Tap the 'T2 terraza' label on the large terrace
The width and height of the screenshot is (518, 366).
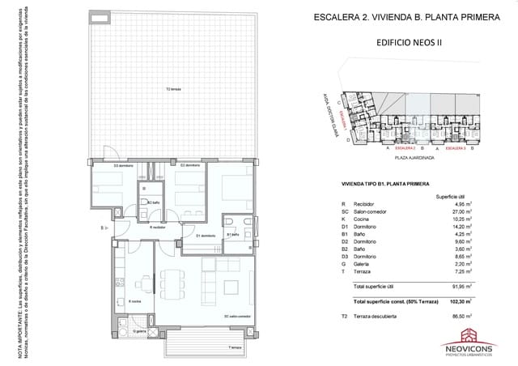click(x=173, y=90)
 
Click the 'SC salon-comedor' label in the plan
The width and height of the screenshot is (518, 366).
click(x=237, y=317)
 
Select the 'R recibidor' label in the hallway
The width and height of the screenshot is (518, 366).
click(x=157, y=228)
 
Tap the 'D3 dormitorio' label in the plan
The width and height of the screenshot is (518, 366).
click(x=123, y=166)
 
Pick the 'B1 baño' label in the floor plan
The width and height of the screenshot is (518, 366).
click(x=232, y=234)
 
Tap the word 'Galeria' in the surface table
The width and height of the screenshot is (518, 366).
click(x=369, y=264)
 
